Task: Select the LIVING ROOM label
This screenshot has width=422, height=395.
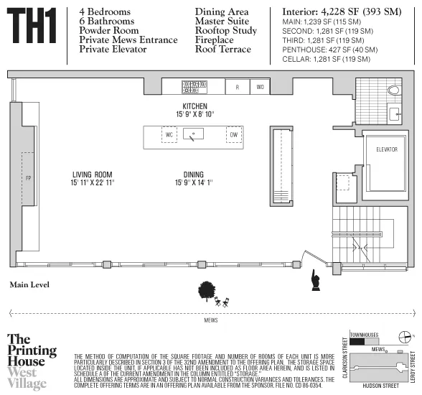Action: (x=93, y=178)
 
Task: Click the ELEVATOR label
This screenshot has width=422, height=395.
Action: (x=386, y=149)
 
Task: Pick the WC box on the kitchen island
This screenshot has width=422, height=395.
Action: (x=170, y=135)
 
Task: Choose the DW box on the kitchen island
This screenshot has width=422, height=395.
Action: (x=233, y=135)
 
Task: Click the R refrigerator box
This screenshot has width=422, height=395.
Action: (x=237, y=87)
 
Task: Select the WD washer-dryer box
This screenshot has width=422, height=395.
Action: (x=260, y=87)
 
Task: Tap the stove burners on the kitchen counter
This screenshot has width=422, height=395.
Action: (x=194, y=87)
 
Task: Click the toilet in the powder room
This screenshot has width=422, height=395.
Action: (x=393, y=90)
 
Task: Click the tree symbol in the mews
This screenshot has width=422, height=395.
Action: (x=207, y=289)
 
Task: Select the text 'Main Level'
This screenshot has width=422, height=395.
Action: (x=29, y=284)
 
